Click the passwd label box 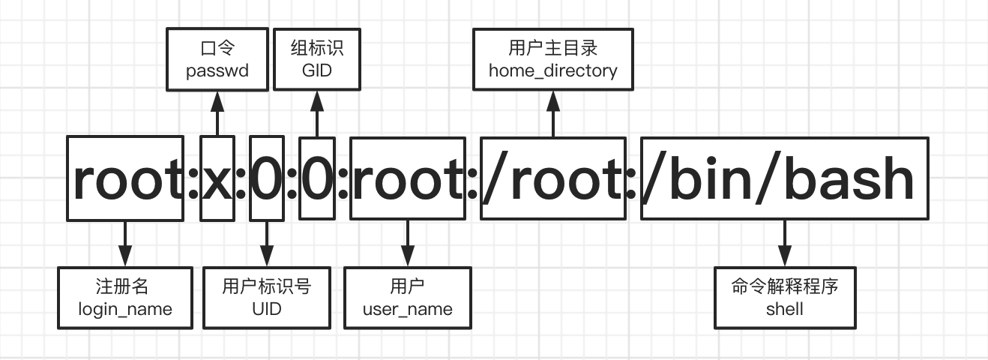point(217,59)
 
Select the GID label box point(316,59)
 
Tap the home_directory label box point(553,59)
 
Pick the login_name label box point(125,298)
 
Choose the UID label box point(266,298)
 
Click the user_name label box point(408,298)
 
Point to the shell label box point(785,298)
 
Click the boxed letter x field point(217,178)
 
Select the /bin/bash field point(784,178)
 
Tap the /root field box point(553,178)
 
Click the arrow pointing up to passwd point(217,113)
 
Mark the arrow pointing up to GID point(316,113)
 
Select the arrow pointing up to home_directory point(553,113)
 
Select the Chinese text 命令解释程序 point(785,287)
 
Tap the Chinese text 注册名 point(125,287)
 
